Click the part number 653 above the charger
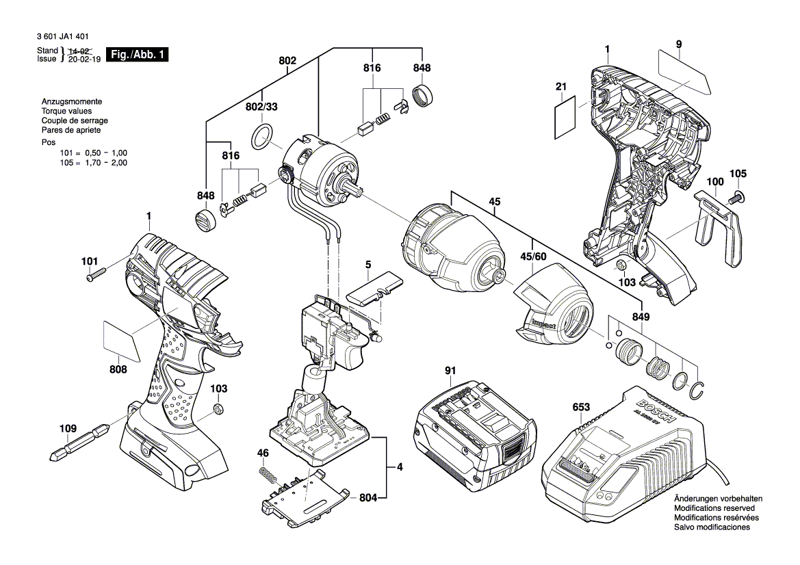pos(581,407)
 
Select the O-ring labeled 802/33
pos(261,137)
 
